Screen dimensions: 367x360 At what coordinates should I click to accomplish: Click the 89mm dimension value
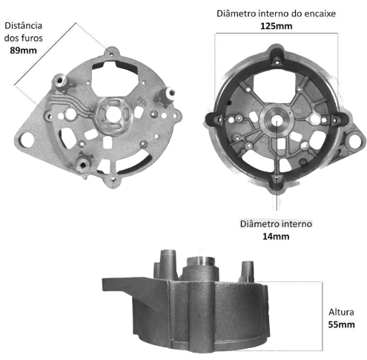[23, 50]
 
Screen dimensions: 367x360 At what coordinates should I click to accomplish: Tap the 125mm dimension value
[277, 26]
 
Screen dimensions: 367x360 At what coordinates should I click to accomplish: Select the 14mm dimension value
[276, 236]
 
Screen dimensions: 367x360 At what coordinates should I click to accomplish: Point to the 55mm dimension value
[341, 324]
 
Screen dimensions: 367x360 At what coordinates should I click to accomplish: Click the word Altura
[341, 312]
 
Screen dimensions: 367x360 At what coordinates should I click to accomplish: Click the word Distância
[24, 25]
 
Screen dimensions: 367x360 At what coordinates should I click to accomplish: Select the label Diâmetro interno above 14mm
[276, 224]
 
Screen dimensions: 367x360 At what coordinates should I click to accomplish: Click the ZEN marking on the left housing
[142, 101]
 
